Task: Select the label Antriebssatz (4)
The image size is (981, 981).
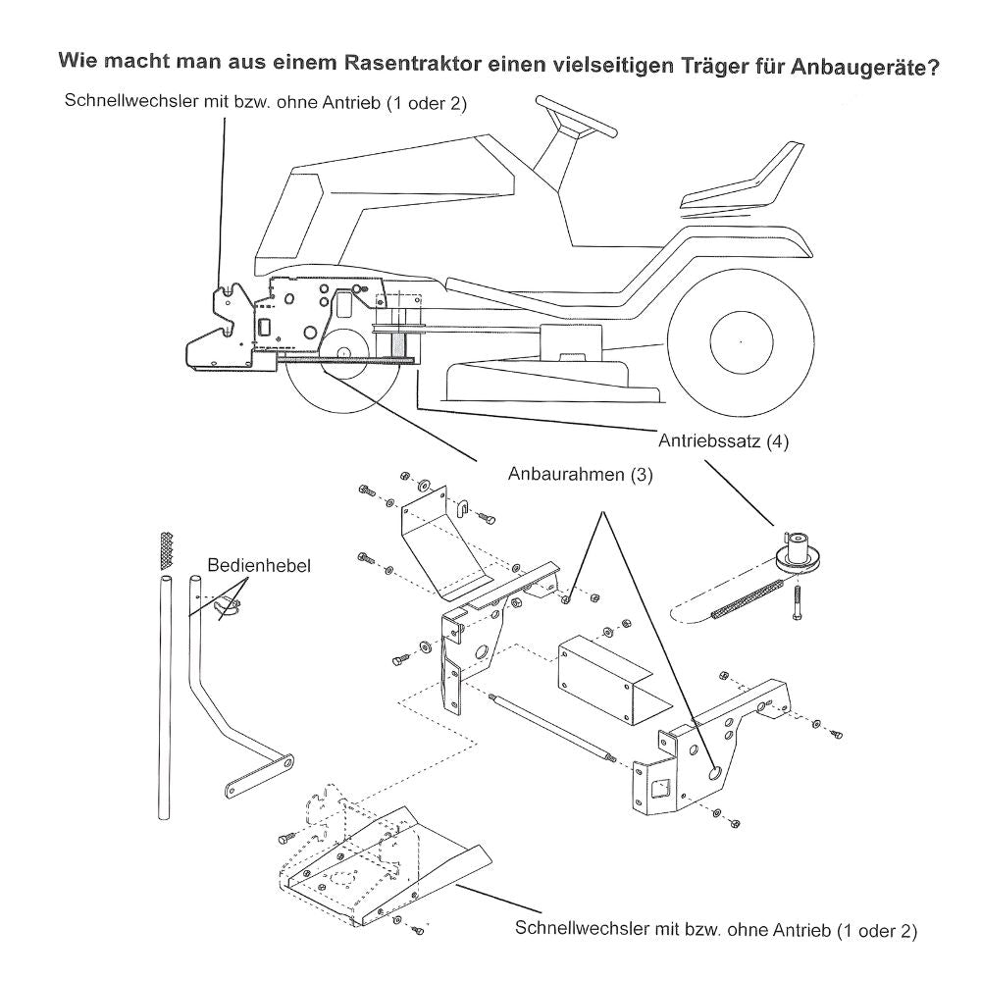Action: click(x=722, y=440)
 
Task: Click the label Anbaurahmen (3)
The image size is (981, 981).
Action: click(x=580, y=474)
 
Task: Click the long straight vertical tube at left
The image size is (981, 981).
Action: click(x=161, y=697)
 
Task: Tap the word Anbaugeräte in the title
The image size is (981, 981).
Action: click(x=855, y=70)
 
